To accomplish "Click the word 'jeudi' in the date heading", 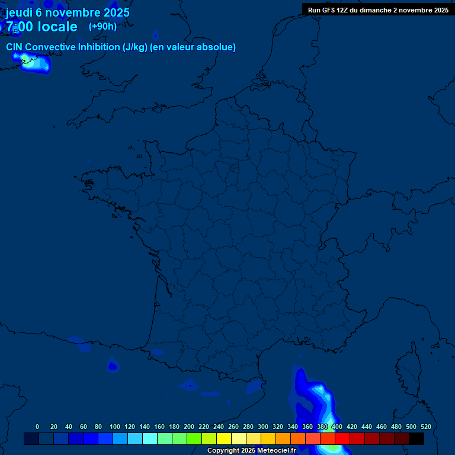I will pyautogui.click(x=20, y=12).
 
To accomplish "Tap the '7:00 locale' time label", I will pyautogui.click(x=41, y=27).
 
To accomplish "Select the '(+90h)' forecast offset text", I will pyautogui.click(x=102, y=26).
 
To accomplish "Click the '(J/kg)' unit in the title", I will pyautogui.click(x=134, y=47).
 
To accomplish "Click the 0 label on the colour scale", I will pyautogui.click(x=37, y=427).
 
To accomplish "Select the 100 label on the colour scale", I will pyautogui.click(x=115, y=427).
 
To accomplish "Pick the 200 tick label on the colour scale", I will pyautogui.click(x=189, y=427).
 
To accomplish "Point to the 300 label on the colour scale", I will pyautogui.click(x=263, y=427).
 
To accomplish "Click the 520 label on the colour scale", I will pyautogui.click(x=425, y=427).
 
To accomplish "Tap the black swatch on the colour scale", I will pyautogui.click(x=416, y=438).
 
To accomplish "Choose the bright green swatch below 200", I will pyautogui.click(x=194, y=438).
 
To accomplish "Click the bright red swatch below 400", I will pyautogui.click(x=342, y=438).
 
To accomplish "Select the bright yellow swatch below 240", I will pyautogui.click(x=223, y=438).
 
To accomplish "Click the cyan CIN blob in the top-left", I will pyautogui.click(x=34, y=62).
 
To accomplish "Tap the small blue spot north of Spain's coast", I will pyautogui.click(x=113, y=365).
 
